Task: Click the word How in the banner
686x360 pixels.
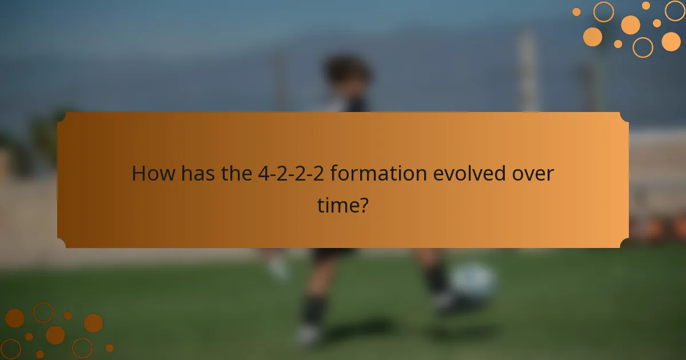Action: (154, 174)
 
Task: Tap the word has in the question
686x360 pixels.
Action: (199, 174)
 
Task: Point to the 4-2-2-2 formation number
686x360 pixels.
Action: (291, 174)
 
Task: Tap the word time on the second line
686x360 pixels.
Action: (337, 204)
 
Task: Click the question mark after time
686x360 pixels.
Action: (362, 204)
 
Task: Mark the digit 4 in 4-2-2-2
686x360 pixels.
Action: (262, 174)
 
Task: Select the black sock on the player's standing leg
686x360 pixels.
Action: (313, 309)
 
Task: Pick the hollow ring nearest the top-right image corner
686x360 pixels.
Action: (675, 10)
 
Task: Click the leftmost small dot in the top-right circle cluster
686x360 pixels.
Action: (576, 12)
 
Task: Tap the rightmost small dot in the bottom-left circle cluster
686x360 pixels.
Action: (109, 347)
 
